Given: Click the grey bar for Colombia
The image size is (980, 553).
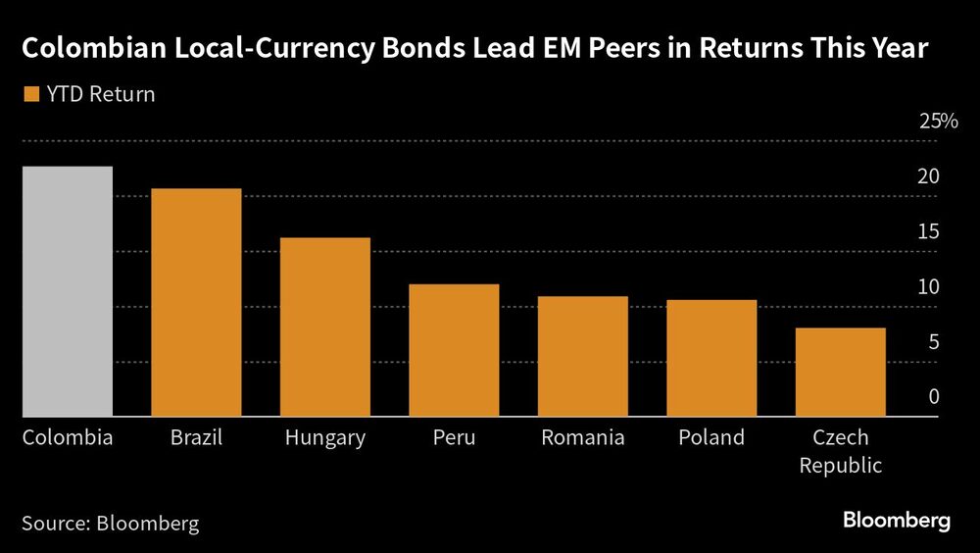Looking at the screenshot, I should pyautogui.click(x=68, y=291).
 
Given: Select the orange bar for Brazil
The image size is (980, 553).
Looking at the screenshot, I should pyautogui.click(x=196, y=302).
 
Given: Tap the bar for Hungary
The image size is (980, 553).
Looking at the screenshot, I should pyautogui.click(x=325, y=327).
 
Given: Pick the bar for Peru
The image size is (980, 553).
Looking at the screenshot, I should pyautogui.click(x=454, y=350).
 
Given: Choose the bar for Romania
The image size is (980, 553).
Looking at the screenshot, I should pyautogui.click(x=583, y=356).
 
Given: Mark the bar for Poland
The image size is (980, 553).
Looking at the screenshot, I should pyautogui.click(x=711, y=358).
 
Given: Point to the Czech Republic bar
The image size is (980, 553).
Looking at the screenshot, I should pyautogui.click(x=841, y=372).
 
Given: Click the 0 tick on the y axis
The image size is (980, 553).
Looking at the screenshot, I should pyautogui.click(x=934, y=397).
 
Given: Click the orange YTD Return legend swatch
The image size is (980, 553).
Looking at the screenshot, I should pyautogui.click(x=29, y=95).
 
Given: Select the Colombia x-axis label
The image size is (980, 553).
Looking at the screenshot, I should pyautogui.click(x=68, y=437).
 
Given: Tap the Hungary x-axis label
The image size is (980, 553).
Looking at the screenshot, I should pyautogui.click(x=325, y=437).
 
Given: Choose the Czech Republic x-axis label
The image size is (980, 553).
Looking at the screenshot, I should pyautogui.click(x=841, y=451).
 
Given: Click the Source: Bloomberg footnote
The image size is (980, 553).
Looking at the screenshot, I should pyautogui.click(x=110, y=523).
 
